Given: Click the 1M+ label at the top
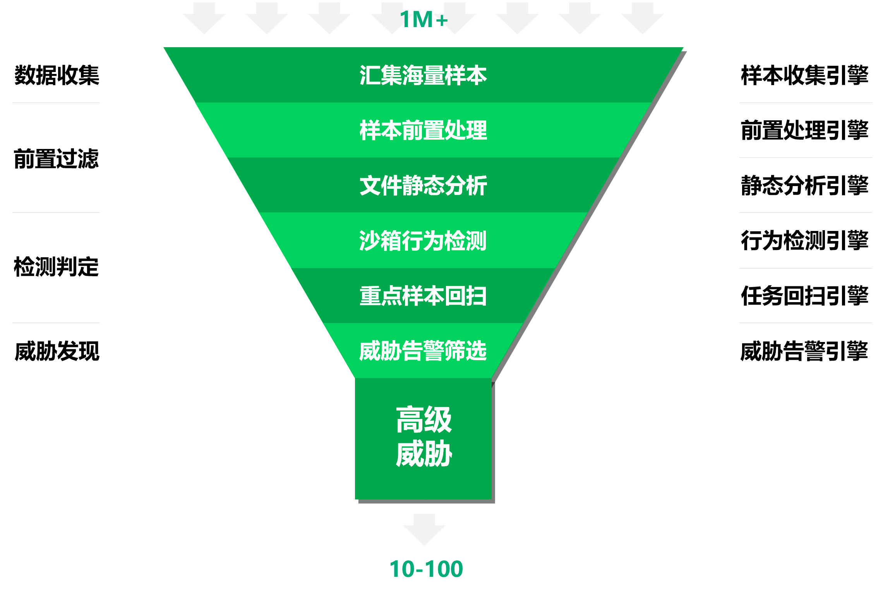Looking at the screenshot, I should click(423, 19).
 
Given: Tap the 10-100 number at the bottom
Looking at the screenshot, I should click(426, 569).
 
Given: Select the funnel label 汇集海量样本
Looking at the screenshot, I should click(423, 75).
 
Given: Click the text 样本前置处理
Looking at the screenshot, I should click(423, 130).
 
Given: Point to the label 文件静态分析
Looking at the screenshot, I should click(423, 185).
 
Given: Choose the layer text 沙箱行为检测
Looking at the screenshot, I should click(423, 241).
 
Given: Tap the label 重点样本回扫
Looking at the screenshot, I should click(423, 296).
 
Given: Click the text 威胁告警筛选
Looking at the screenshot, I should click(423, 351).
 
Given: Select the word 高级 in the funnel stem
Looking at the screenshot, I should click(423, 420).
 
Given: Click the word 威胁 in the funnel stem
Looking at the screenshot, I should click(423, 453).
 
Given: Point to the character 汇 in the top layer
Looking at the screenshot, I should click(370, 75).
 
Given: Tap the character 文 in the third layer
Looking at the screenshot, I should click(370, 185).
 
